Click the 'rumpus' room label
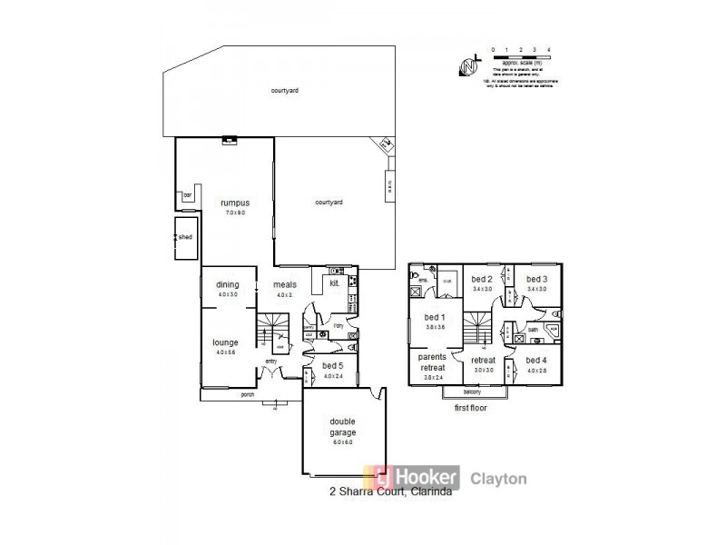pos(235,203)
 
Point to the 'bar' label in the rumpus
pos(189,194)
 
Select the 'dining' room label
pos(227,285)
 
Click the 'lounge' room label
pos(226,342)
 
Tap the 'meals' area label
pos(285,285)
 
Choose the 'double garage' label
pos(343,427)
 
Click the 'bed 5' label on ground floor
pos(332,366)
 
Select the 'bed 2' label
pos(483,279)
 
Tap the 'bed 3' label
pos(538,279)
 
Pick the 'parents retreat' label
pos(432,362)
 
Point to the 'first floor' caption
pos(470,410)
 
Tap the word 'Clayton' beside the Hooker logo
pos(497,478)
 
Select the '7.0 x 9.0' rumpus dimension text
pos(235,212)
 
